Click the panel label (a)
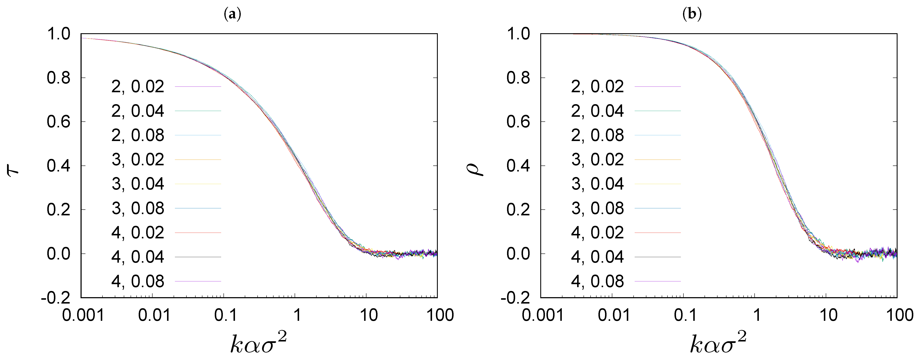coord(232,14)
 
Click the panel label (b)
coord(692,14)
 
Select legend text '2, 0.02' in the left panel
coord(138,87)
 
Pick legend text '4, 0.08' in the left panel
coord(138,281)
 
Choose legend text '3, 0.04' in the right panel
coord(597,184)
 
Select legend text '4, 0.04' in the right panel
coord(597,257)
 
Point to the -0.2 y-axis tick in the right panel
coord(515,298)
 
